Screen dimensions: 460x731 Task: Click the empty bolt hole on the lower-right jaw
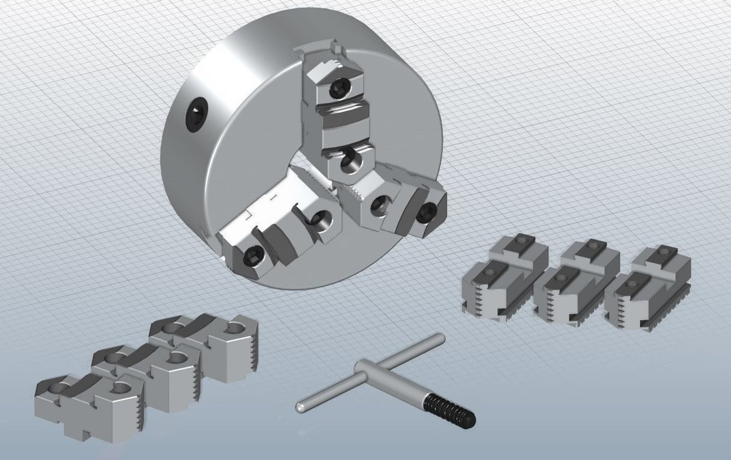coord(378,204)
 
